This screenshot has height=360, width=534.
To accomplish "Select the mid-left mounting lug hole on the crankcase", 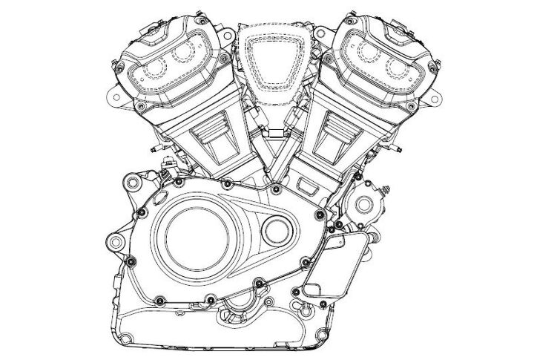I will click(x=113, y=243).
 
